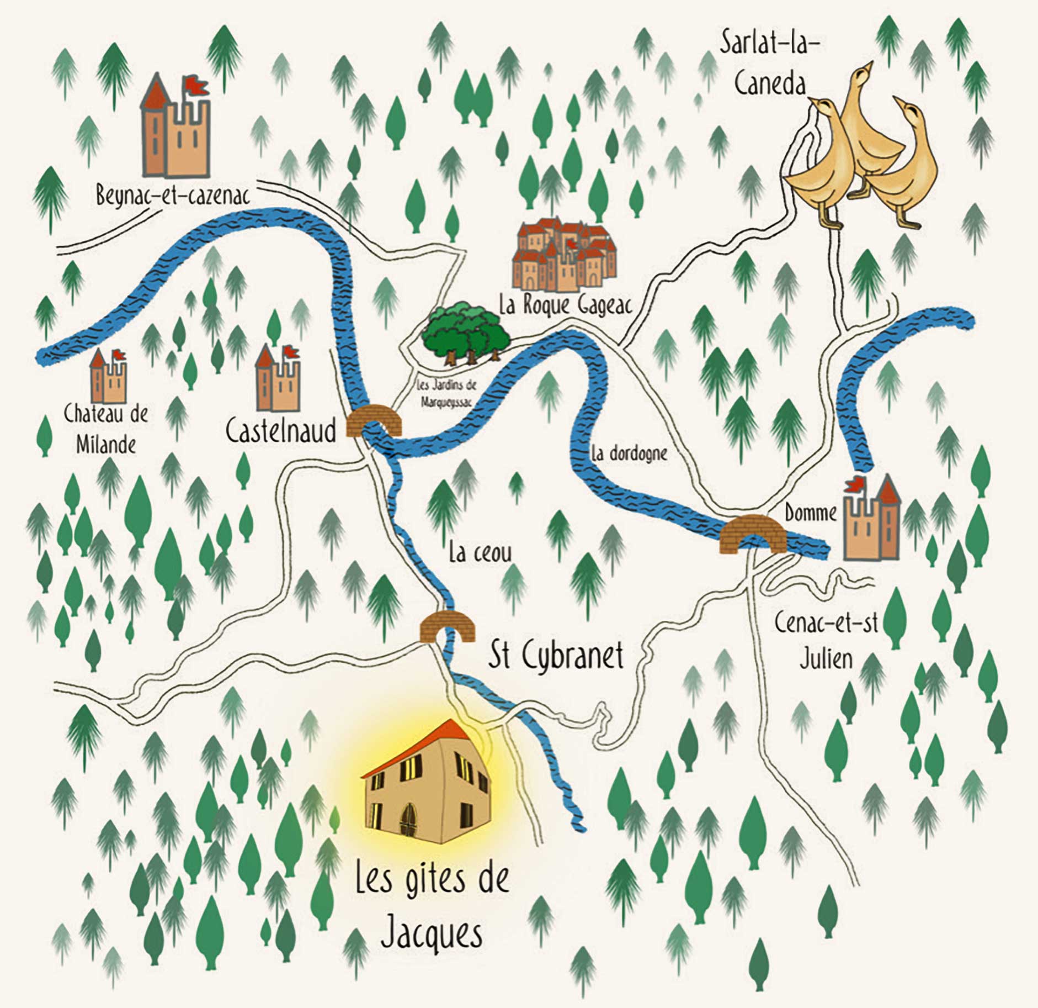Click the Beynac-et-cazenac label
(x=172, y=196)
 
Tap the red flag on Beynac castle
(x=195, y=85)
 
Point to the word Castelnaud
(x=281, y=431)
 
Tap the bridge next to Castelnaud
(x=374, y=421)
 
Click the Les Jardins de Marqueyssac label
(x=446, y=394)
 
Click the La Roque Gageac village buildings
(x=563, y=255)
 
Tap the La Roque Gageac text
(x=565, y=305)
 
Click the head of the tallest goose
(x=864, y=72)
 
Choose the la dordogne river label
(x=629, y=453)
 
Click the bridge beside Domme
(x=753, y=534)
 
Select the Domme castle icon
(x=872, y=520)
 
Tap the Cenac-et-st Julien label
(x=826, y=641)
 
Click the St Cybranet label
(x=556, y=656)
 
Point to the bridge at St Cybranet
(x=448, y=626)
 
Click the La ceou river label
(x=480, y=553)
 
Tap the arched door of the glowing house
(x=408, y=819)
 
